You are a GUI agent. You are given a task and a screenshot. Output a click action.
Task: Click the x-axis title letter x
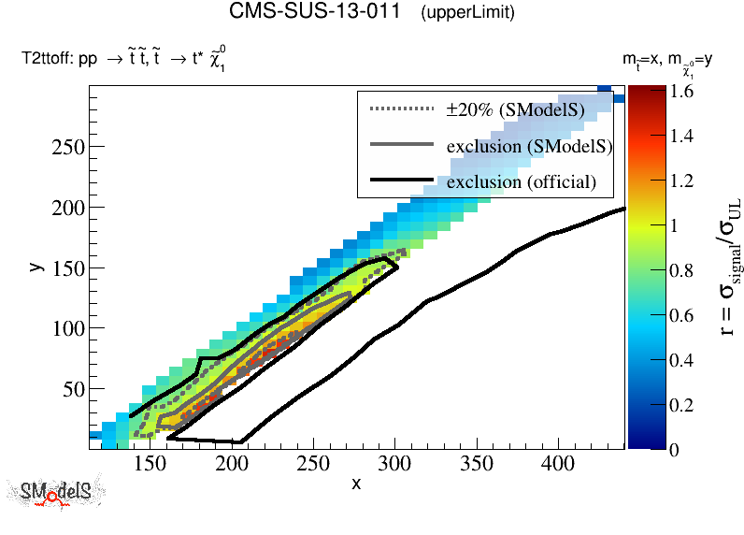coord(356,484)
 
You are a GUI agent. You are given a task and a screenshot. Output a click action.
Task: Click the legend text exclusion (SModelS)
coord(529,146)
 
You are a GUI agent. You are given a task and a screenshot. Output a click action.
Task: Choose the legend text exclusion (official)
coord(521,181)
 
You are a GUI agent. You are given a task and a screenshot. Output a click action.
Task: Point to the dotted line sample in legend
coord(403,109)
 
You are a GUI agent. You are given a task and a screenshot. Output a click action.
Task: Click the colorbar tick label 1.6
coord(654,92)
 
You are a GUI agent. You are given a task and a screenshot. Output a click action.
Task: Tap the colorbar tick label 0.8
coord(654,271)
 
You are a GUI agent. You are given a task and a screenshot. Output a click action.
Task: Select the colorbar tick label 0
coord(647,450)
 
